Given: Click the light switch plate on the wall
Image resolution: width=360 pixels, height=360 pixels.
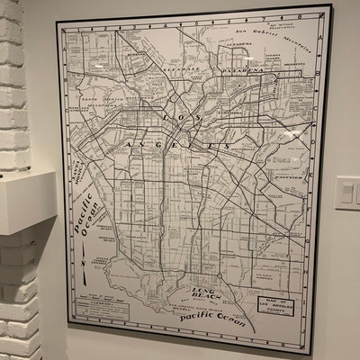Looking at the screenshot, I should pyautogui.click(x=347, y=193).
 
